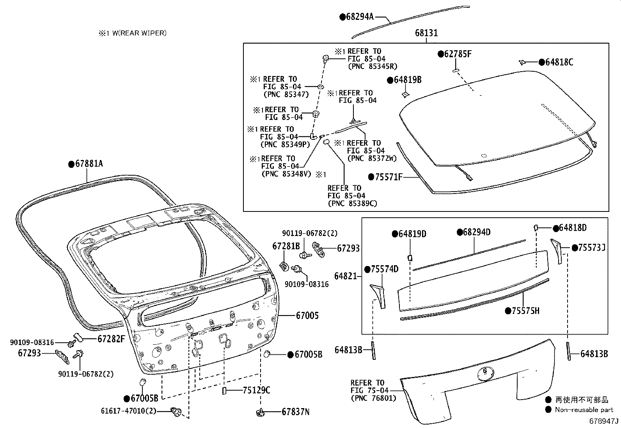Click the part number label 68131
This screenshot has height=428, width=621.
coord(426,33)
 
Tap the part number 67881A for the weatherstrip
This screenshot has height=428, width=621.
coord(88,164)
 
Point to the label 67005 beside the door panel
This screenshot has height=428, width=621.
coord(307,315)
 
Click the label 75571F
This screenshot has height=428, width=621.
coord(388,177)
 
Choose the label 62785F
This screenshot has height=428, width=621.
coord(457,54)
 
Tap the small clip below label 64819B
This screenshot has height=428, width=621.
coord(405,94)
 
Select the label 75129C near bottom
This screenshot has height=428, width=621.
coord(256,390)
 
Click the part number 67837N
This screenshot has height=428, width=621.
coord(296,412)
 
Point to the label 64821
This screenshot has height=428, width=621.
coord(346,276)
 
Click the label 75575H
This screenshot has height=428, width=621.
coord(525,311)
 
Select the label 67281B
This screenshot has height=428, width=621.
coord(286,246)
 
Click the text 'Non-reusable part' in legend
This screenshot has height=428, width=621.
coord(584,409)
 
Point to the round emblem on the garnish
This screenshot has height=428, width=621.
coord(485,373)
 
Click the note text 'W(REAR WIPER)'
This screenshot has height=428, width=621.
coord(139,33)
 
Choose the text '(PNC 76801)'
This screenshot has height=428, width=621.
coord(373,398)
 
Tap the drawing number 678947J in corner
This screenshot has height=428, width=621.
coord(603,421)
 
